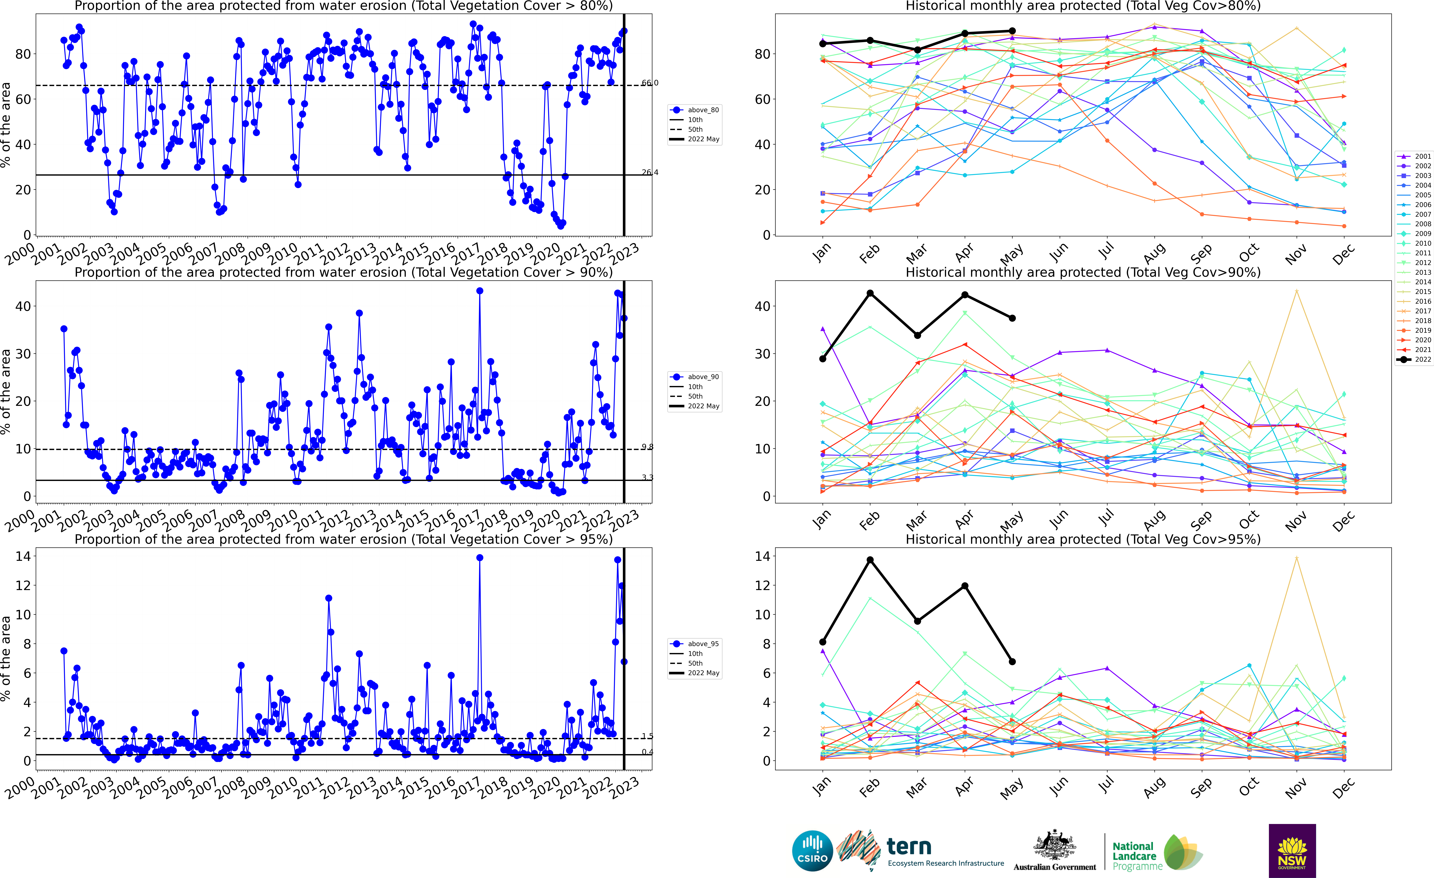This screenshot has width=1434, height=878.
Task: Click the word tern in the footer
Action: coord(909,846)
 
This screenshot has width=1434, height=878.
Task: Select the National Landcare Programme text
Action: coord(1134,856)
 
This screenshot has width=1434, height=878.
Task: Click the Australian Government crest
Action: coord(1055,845)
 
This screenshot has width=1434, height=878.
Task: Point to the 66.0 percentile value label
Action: coord(649,83)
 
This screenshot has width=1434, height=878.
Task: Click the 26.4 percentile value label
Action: coord(649,172)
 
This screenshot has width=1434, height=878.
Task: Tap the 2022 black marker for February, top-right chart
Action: coord(870,40)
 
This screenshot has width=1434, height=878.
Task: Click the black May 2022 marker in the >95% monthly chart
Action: coord(1013,661)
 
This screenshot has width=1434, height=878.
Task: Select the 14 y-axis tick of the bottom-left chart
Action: coord(23,556)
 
